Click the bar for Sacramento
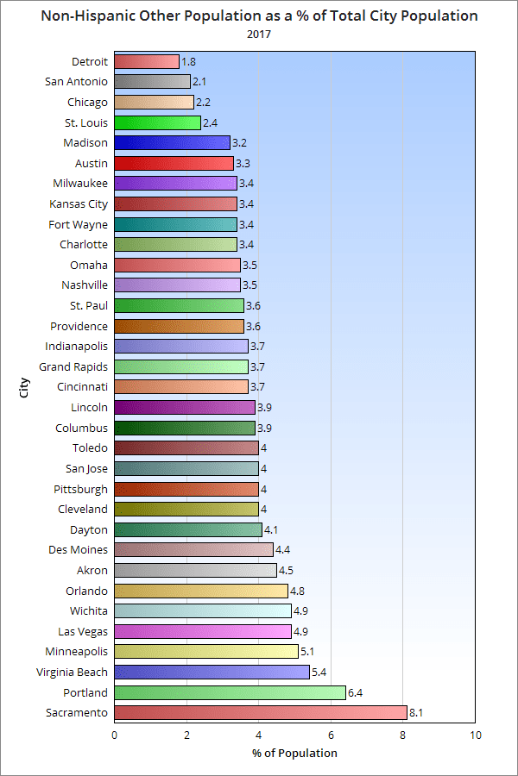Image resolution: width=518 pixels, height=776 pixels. (x=260, y=713)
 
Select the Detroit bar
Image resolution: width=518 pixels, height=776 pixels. (x=147, y=61)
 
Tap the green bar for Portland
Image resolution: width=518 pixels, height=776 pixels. (x=230, y=692)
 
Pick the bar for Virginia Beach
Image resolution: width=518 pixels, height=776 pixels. (x=212, y=672)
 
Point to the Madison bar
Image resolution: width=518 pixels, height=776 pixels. (x=172, y=142)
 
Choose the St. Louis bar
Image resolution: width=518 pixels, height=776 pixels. (x=157, y=122)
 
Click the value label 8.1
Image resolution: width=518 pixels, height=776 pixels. (x=416, y=713)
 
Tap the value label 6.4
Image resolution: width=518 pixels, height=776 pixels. (x=355, y=692)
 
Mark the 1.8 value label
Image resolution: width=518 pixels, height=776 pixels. (x=189, y=61)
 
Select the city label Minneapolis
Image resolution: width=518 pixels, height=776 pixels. (x=77, y=651)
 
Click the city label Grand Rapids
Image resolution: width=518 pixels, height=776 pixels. (x=73, y=366)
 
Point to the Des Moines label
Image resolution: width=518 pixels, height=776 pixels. (x=77, y=549)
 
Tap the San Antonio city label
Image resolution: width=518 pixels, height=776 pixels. (x=76, y=81)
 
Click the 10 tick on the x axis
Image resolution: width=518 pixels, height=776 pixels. (x=475, y=735)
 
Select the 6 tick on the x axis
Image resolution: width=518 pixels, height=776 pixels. (x=331, y=735)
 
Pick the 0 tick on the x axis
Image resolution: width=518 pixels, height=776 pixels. (x=115, y=735)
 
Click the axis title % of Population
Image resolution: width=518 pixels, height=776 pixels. (x=294, y=753)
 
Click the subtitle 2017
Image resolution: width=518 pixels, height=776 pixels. (x=259, y=34)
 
